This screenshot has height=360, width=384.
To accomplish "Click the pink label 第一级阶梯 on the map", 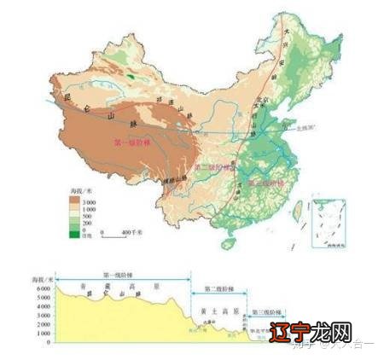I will click(x=131, y=141).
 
